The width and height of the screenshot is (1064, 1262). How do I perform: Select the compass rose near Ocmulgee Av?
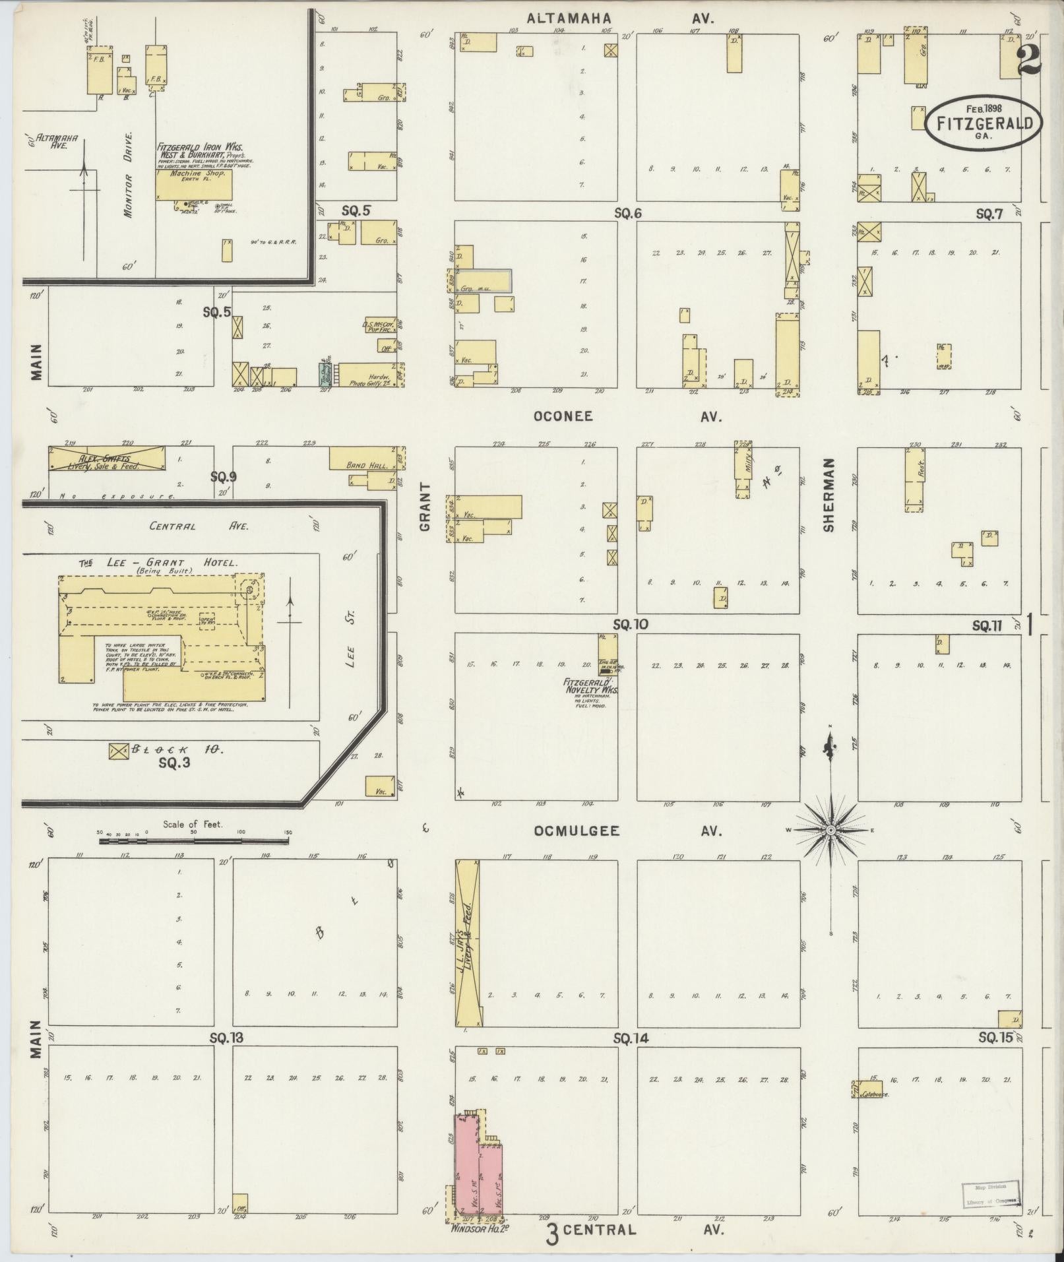[x=831, y=829]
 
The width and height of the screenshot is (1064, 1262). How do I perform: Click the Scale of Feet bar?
[x=193, y=841]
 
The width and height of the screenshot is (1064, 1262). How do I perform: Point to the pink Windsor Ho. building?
[x=478, y=1168]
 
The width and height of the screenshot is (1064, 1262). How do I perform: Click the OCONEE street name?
[x=563, y=416]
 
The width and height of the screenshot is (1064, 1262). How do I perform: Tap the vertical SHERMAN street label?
[x=829, y=495]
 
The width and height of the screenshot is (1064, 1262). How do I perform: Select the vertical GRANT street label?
[x=425, y=507]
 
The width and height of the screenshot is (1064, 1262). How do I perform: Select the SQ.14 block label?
[x=630, y=1039]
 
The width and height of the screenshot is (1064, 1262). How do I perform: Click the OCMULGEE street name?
[x=577, y=831]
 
